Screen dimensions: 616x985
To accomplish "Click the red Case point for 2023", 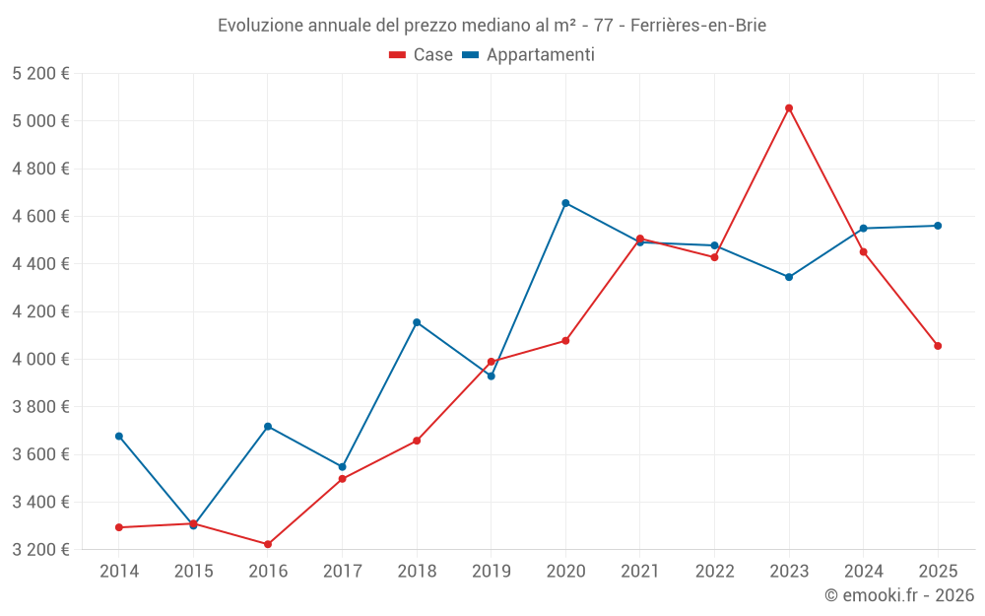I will pyautogui.click(x=789, y=108).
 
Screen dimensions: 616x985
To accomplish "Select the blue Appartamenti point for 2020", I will pyautogui.click(x=565, y=203).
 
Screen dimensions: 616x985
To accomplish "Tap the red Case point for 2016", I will pyautogui.click(x=268, y=544).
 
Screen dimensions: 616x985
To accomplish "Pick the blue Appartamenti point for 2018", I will pyautogui.click(x=417, y=322).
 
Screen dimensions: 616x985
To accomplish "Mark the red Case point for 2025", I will pyautogui.click(x=938, y=346).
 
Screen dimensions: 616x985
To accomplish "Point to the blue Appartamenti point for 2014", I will pyautogui.click(x=119, y=436).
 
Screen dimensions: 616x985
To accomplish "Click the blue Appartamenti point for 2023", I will pyautogui.click(x=789, y=277).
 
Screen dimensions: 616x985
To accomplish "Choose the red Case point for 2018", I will pyautogui.click(x=417, y=441).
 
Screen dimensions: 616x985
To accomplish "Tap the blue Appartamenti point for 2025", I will pyautogui.click(x=938, y=226).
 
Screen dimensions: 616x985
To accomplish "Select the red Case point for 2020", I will pyautogui.click(x=565, y=341).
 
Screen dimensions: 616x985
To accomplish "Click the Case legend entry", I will pyautogui.click(x=422, y=55).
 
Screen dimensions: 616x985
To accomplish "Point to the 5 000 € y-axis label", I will pyautogui.click(x=40, y=121).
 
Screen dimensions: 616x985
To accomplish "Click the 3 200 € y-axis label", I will pyautogui.click(x=40, y=549).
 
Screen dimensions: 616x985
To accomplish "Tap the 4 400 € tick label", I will pyautogui.click(x=40, y=264).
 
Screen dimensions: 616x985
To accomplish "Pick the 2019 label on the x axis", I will pyautogui.click(x=491, y=572).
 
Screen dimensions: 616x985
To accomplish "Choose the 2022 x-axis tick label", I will pyautogui.click(x=714, y=572).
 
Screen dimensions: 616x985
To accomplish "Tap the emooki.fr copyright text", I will pyautogui.click(x=898, y=595).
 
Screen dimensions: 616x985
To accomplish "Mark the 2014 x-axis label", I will pyautogui.click(x=119, y=572).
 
